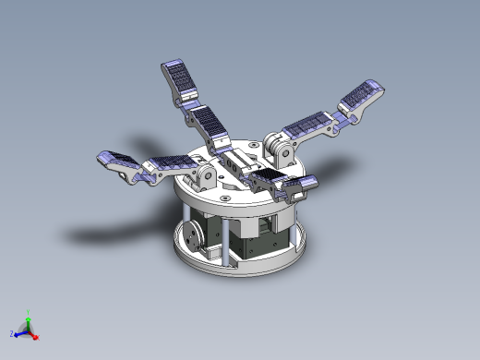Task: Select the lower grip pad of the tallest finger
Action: click(210, 122)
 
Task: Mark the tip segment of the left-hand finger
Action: click(116, 162)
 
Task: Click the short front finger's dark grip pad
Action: click(270, 178)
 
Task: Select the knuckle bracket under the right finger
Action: click(280, 147)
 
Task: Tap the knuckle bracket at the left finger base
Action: click(204, 174)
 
